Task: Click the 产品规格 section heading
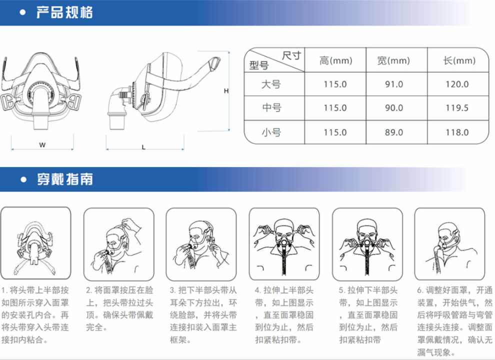pyautogui.click(x=64, y=12)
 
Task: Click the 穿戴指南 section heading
pyautogui.click(x=65, y=179)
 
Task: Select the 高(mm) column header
pyautogui.click(x=335, y=60)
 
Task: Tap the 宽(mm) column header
pyautogui.click(x=393, y=60)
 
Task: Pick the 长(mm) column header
pyautogui.click(x=459, y=60)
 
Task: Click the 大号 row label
pyautogui.click(x=271, y=84)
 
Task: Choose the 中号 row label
pyautogui.click(x=271, y=107)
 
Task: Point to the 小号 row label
pyautogui.click(x=271, y=132)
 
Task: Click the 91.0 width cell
pyautogui.click(x=393, y=84)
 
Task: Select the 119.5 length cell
pyautogui.click(x=457, y=108)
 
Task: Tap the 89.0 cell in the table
pyautogui.click(x=393, y=132)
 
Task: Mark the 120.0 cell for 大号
pyautogui.click(x=457, y=84)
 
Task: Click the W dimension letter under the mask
pyautogui.click(x=42, y=145)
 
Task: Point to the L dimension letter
pyautogui.click(x=143, y=147)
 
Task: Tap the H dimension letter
pyautogui.click(x=226, y=91)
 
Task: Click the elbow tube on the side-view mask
pyautogui.click(x=117, y=108)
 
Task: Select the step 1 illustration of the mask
pyautogui.click(x=35, y=243)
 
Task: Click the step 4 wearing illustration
pyautogui.click(x=284, y=244)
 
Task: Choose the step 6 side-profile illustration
pyautogui.click(x=449, y=244)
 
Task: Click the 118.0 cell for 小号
pyautogui.click(x=457, y=132)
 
